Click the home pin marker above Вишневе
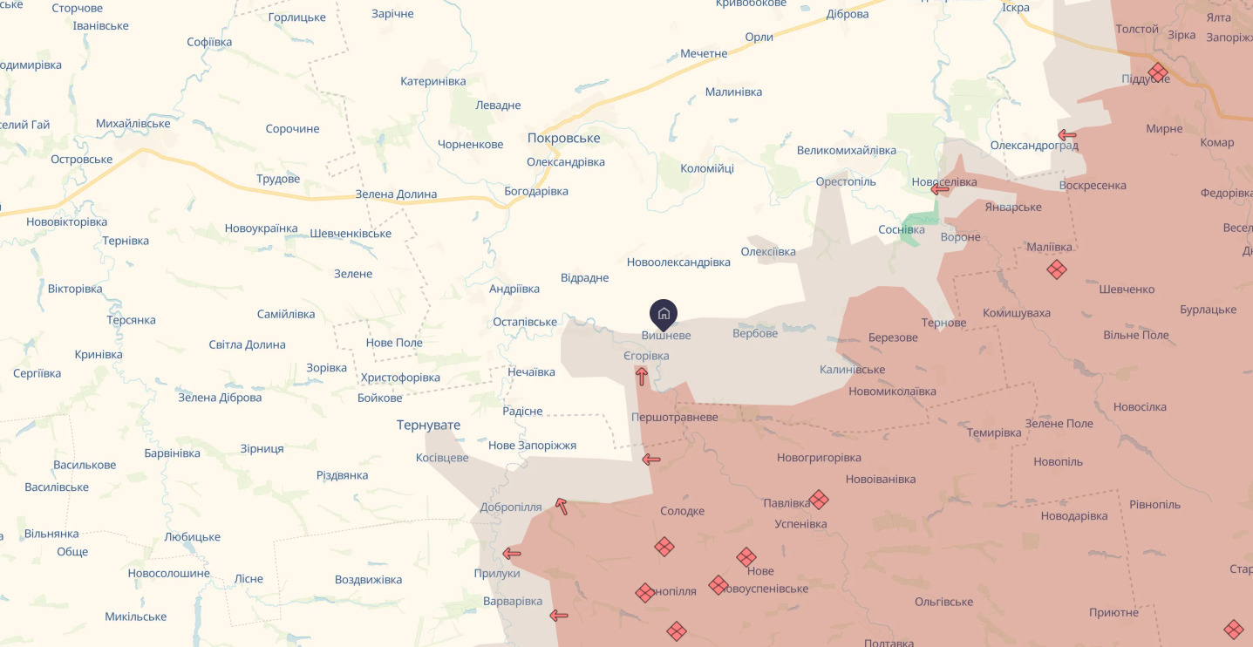click(x=664, y=314)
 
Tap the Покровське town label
click(x=563, y=138)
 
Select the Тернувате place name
click(x=428, y=425)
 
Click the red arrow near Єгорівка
click(x=642, y=377)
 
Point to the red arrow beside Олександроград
click(x=1066, y=135)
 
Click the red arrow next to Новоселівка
click(x=939, y=188)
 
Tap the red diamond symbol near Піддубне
click(x=1157, y=72)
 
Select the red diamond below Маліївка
click(x=1057, y=269)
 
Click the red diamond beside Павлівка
click(x=818, y=500)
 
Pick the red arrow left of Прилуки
click(x=512, y=554)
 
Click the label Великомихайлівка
click(x=846, y=150)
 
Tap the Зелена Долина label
click(x=396, y=194)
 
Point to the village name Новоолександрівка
click(x=678, y=262)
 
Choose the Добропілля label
click(x=511, y=507)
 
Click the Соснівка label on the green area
click(x=902, y=229)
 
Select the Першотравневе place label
click(x=675, y=417)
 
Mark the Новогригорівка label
click(x=819, y=458)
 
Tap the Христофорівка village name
click(x=400, y=378)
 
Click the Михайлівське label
click(x=133, y=123)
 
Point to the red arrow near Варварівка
click(x=559, y=616)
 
